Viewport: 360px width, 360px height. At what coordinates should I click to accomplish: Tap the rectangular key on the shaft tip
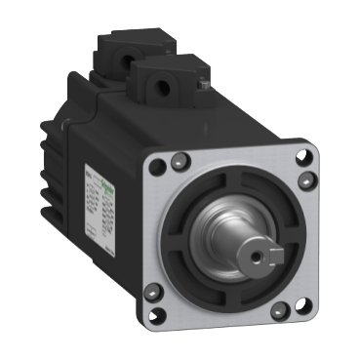tap(275, 255)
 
